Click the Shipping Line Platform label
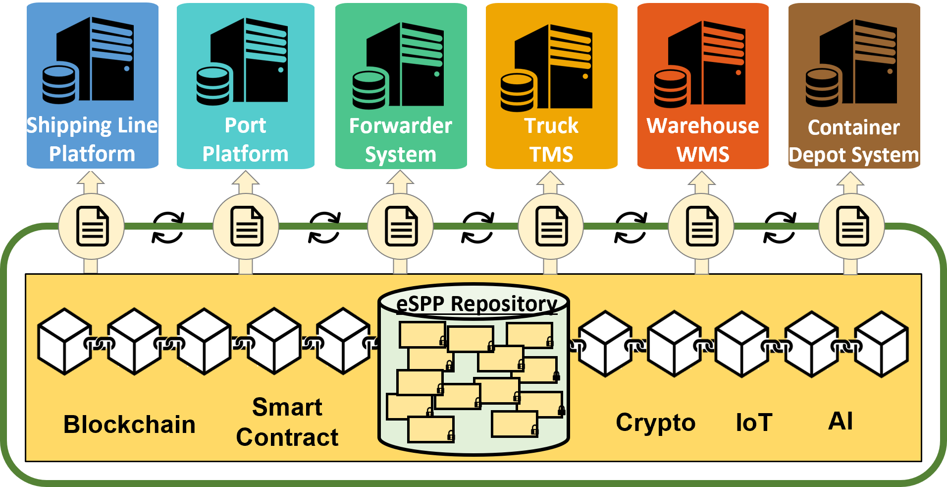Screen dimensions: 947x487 pyautogui.click(x=92, y=139)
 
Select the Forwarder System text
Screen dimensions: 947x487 pyautogui.click(x=401, y=140)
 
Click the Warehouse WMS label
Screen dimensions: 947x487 pyautogui.click(x=703, y=140)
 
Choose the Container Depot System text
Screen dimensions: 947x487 pyautogui.click(x=854, y=141)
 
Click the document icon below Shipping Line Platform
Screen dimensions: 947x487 pyautogui.click(x=92, y=227)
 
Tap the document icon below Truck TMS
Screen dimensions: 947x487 pyautogui.click(x=551, y=227)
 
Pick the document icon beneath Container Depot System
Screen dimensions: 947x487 pyautogui.click(x=852, y=227)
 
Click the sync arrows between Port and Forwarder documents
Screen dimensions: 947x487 pyautogui.click(x=324, y=228)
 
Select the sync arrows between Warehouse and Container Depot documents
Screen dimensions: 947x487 pyautogui.click(x=780, y=228)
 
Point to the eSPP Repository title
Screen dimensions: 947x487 pyautogui.click(x=476, y=304)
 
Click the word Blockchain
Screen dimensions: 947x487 pyautogui.click(x=129, y=425)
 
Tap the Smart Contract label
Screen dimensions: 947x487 pyautogui.click(x=287, y=422)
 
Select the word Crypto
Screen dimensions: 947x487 pyautogui.click(x=656, y=423)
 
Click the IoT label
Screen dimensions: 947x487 pyautogui.click(x=754, y=423)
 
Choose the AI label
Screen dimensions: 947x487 pyautogui.click(x=841, y=421)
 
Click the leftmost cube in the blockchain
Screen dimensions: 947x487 pyautogui.click(x=65, y=341)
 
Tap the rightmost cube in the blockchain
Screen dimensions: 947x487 pyautogui.click(x=882, y=344)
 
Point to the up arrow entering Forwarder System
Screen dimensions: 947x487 pyautogui.click(x=400, y=183)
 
